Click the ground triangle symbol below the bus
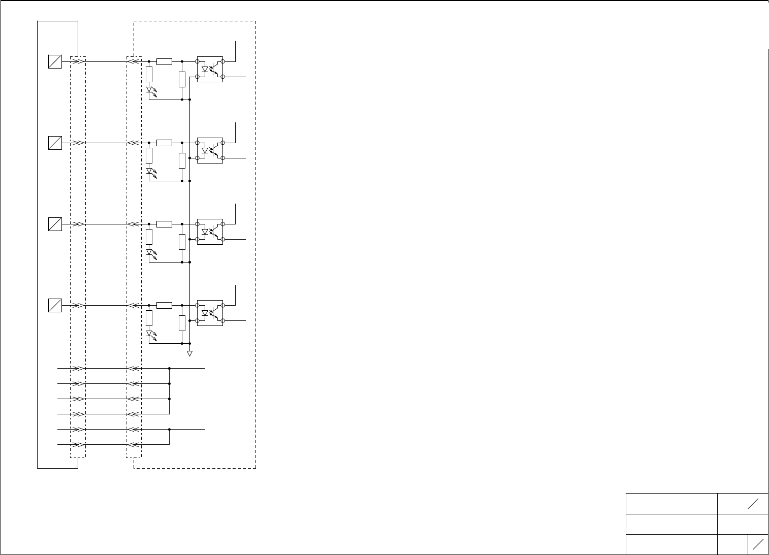point(189,353)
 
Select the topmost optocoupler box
point(210,69)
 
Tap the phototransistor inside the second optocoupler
point(216,151)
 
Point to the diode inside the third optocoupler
point(205,232)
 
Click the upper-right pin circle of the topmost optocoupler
point(223,61)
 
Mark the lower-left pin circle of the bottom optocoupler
point(197,320)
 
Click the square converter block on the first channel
point(55,61)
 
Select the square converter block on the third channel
point(55,224)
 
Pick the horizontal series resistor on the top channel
point(164,61)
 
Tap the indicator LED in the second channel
point(149,172)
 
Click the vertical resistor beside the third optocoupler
point(182,242)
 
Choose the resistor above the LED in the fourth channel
point(149,318)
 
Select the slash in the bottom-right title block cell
point(758,544)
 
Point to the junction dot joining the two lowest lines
point(169,430)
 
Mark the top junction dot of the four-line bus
point(169,369)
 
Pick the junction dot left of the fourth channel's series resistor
point(149,305)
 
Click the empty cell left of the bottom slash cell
point(732,544)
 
